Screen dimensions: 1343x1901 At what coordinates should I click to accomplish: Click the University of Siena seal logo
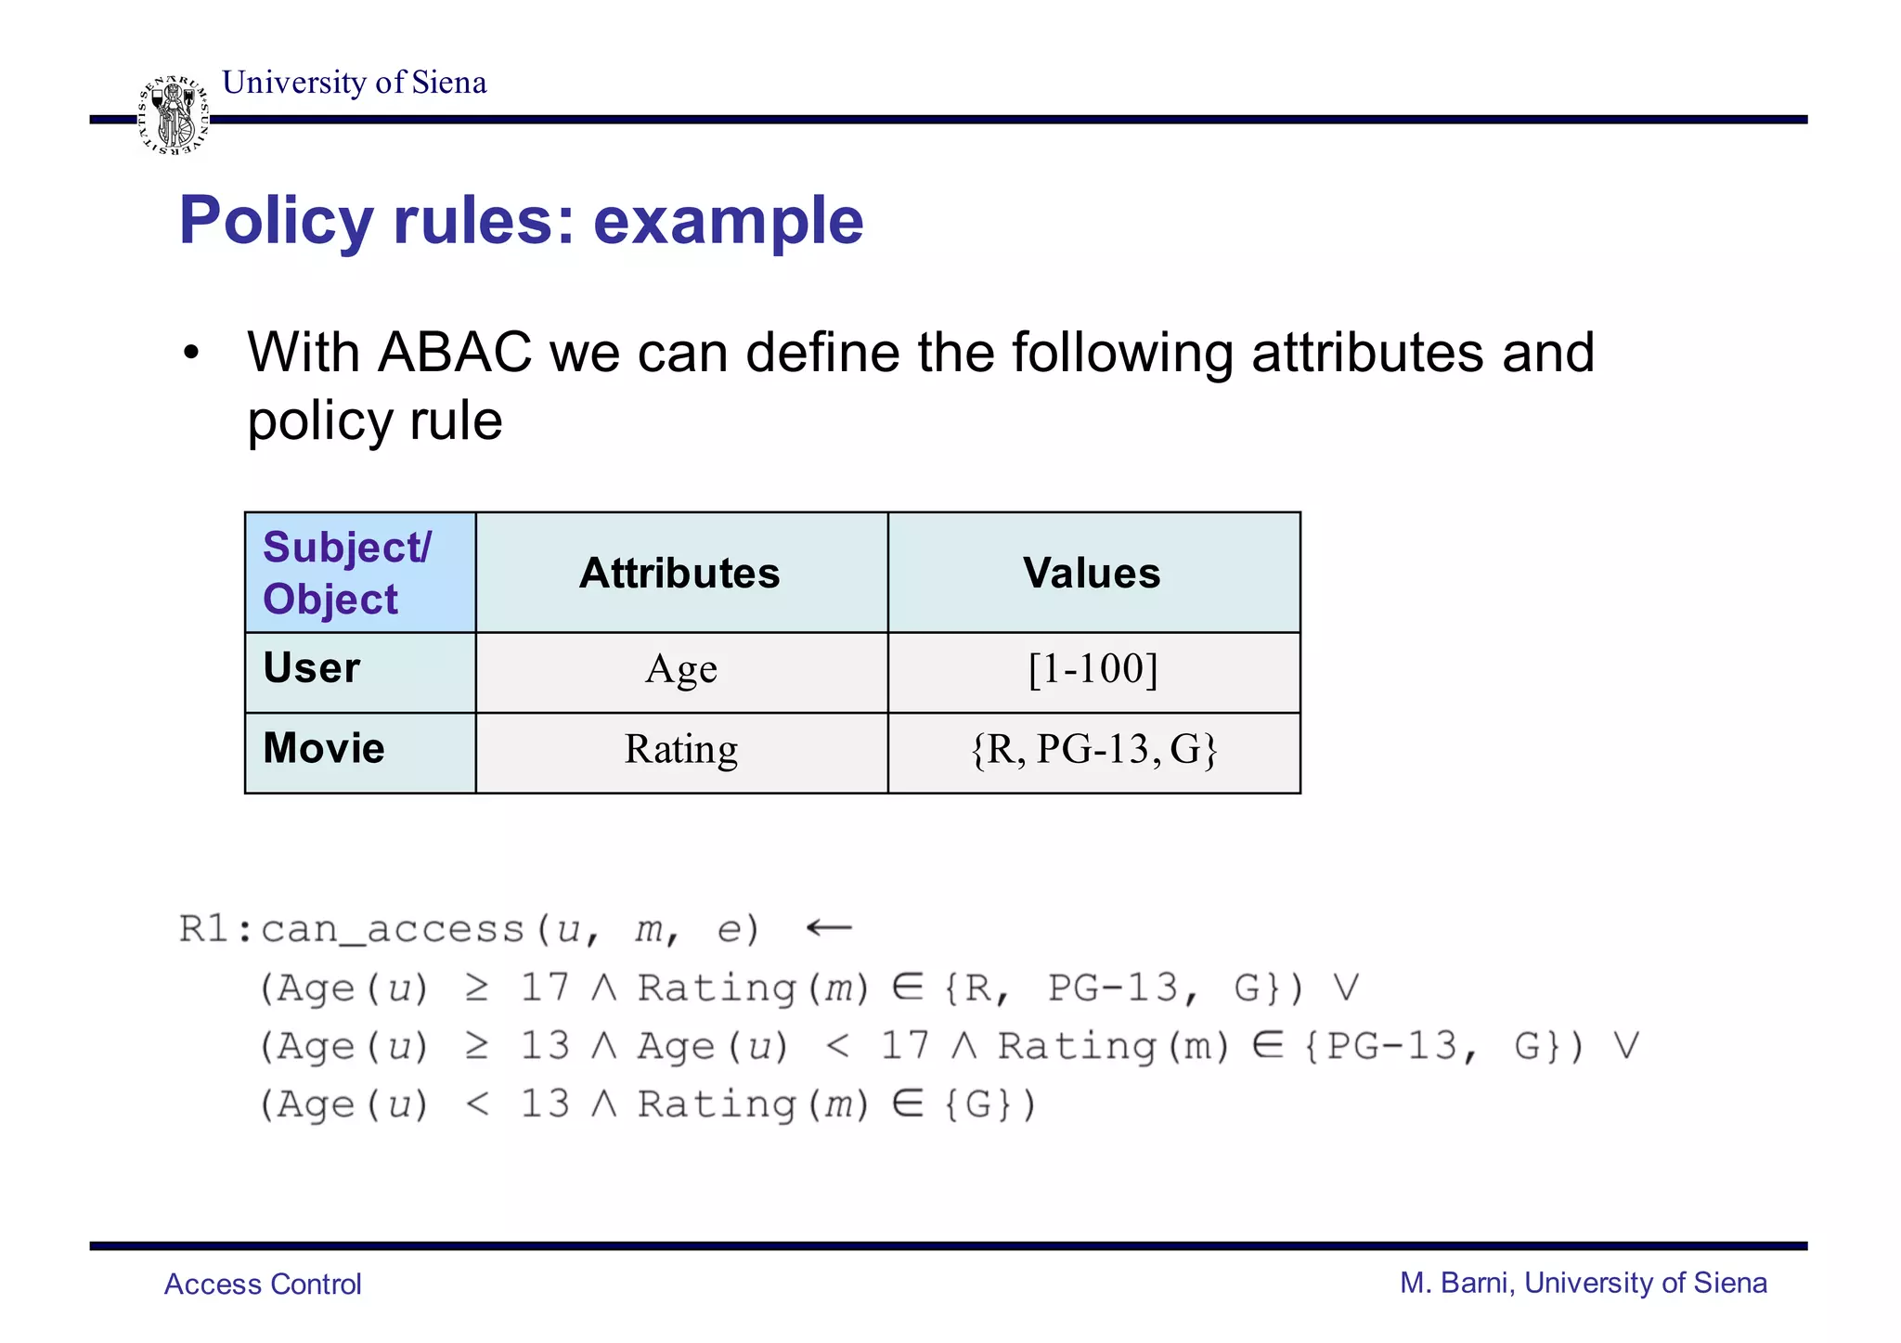click(x=174, y=116)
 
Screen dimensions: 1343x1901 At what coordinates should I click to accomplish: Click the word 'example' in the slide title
click(x=728, y=221)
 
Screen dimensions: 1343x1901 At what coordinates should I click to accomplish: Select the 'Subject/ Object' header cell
click(x=360, y=573)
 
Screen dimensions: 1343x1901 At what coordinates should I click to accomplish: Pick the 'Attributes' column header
click(x=680, y=573)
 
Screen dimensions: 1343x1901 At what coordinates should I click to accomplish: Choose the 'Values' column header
click(x=1092, y=573)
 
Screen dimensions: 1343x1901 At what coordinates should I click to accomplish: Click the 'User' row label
click(x=312, y=668)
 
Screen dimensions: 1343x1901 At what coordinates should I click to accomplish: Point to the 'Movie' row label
click(x=324, y=748)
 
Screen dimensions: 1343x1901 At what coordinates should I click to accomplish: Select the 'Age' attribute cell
click(x=681, y=669)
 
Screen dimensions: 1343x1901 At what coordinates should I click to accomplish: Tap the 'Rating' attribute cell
click(x=681, y=749)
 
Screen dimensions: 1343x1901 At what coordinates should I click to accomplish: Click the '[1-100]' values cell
click(x=1093, y=669)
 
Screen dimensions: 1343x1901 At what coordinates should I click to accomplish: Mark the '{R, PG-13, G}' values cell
click(x=1093, y=749)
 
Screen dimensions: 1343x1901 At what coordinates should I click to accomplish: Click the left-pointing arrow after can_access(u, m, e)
click(x=828, y=927)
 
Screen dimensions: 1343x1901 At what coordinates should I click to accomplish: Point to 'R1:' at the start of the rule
click(x=215, y=929)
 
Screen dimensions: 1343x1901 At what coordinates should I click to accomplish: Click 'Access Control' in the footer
click(x=263, y=1284)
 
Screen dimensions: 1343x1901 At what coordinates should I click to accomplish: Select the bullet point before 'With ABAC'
click(x=191, y=354)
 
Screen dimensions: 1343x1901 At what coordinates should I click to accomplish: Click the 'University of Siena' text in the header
click(x=355, y=83)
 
